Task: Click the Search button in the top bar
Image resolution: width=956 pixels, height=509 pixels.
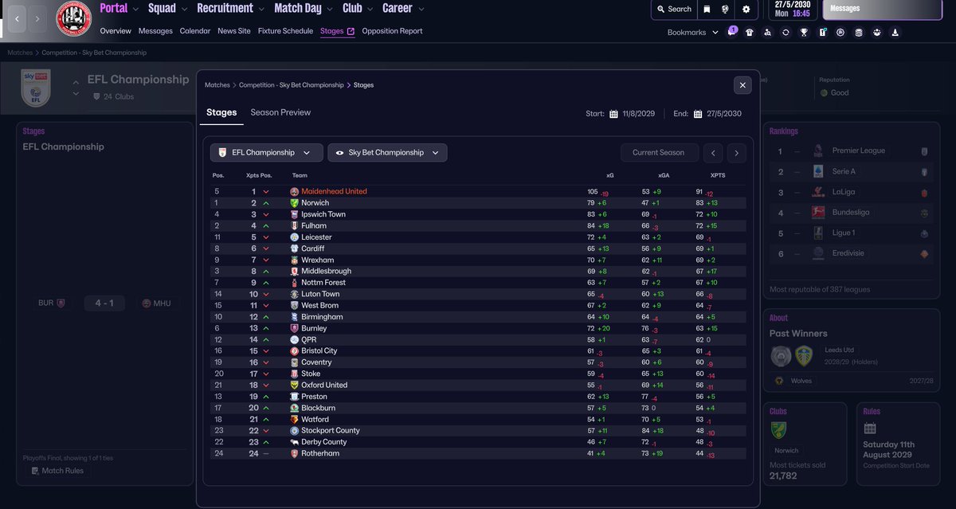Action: [x=673, y=10]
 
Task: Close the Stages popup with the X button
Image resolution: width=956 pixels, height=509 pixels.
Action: [x=742, y=85]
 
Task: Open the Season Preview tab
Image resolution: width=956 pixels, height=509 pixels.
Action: [x=280, y=112]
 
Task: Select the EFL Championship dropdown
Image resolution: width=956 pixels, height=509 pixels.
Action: [x=266, y=153]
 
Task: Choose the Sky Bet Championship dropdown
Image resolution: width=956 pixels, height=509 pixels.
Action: [x=387, y=153]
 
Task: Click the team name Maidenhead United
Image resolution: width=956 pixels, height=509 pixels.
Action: [x=334, y=192]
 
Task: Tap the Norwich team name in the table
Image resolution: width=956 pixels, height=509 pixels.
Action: [x=315, y=203]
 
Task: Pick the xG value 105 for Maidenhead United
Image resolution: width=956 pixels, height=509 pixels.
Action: [x=592, y=192]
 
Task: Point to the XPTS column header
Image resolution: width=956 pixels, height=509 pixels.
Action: [x=718, y=175]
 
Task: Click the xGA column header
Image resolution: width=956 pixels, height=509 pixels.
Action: [x=663, y=175]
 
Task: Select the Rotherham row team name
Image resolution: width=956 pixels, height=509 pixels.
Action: [x=320, y=453]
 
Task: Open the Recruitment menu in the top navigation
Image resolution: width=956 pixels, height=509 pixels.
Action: [x=225, y=9]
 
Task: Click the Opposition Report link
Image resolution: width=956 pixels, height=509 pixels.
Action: [x=392, y=31]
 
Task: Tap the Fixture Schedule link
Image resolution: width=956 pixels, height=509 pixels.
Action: [x=287, y=31]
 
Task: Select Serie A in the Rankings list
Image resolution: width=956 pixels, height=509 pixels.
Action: [x=844, y=171]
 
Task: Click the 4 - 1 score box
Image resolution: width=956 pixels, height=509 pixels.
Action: [x=104, y=303]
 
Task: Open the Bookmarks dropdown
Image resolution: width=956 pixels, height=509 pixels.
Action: [x=692, y=33]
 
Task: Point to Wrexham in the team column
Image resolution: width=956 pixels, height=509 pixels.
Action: [x=317, y=260]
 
